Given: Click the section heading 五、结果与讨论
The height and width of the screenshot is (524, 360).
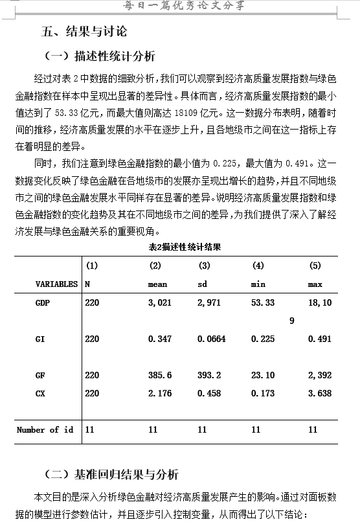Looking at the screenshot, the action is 84,30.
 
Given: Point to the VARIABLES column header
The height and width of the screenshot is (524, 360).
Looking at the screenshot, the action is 56,284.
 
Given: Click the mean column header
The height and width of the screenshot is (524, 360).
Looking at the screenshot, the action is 157,284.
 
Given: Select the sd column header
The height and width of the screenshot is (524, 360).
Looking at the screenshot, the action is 202,284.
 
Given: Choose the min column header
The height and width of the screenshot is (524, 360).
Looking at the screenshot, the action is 258,284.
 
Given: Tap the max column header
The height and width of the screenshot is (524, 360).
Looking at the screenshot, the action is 315,284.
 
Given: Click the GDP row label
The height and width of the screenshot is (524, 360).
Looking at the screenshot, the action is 43,302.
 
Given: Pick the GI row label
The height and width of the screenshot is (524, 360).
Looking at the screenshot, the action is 40,339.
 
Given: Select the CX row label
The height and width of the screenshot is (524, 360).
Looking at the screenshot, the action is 40,393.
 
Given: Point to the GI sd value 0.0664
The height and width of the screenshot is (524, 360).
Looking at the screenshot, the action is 211,339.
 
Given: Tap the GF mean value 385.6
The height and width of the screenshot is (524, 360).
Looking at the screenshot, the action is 160,375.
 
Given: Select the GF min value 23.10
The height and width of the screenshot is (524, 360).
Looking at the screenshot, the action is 262,375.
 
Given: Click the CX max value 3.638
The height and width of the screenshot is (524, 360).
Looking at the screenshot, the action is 320,393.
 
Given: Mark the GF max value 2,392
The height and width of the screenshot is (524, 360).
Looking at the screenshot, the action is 320,375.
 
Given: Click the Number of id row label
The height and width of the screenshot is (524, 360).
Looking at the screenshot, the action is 45,429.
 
